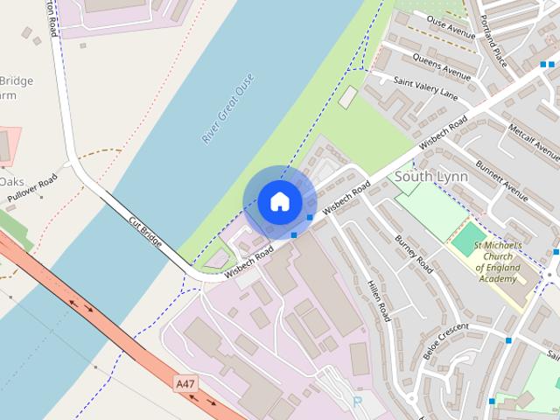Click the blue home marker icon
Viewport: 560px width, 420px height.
pyautogui.click(x=279, y=202)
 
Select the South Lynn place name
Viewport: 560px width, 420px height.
pyautogui.click(x=431, y=177)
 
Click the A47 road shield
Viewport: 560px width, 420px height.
pyautogui.click(x=185, y=384)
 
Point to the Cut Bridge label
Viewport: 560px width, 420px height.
pyautogui.click(x=145, y=230)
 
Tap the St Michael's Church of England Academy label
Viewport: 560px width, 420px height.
pyautogui.click(x=498, y=262)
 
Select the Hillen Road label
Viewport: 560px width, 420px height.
pyautogui.click(x=377, y=299)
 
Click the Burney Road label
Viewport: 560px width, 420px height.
pyautogui.click(x=414, y=254)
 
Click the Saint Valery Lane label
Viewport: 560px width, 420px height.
pyautogui.click(x=425, y=87)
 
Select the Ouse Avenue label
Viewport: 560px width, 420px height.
pyautogui.click(x=451, y=26)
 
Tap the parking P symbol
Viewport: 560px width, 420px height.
pyautogui.click(x=356, y=401)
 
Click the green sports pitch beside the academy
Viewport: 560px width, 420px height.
pyautogui.click(x=469, y=238)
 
